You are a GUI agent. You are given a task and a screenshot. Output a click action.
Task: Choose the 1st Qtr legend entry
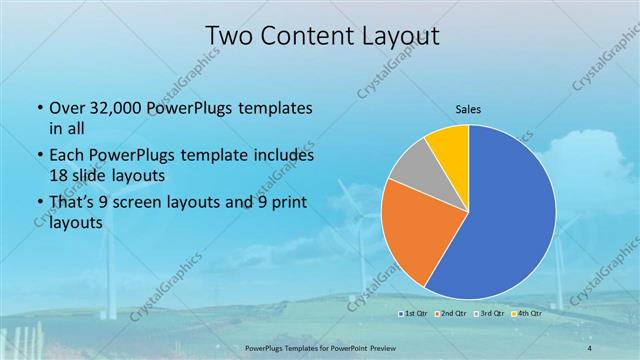coord(412,313)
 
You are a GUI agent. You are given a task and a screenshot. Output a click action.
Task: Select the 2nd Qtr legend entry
coord(450,313)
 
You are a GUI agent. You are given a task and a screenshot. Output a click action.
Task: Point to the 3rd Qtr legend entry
coord(489,313)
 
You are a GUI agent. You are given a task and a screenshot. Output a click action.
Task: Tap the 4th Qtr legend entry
coord(527,313)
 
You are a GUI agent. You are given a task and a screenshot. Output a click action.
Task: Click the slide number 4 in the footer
coord(589,345)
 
